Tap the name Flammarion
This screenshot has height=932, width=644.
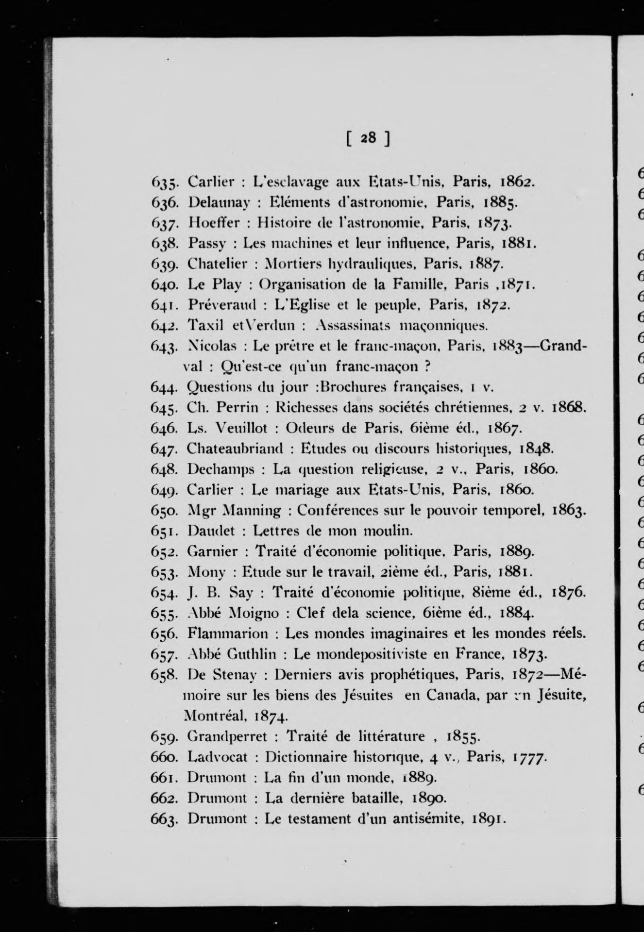click(228, 633)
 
